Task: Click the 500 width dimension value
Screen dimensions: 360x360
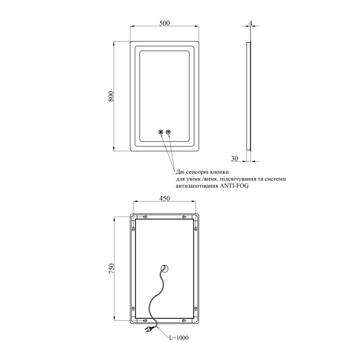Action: click(165, 23)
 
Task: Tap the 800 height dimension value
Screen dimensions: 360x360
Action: click(111, 97)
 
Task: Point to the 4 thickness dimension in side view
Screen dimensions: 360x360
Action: click(250, 23)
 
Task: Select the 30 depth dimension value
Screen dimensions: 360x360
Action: click(235, 158)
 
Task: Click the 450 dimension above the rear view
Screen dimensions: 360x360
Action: click(165, 198)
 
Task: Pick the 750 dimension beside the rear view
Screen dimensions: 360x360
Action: click(111, 268)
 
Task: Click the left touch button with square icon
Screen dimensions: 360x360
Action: click(160, 132)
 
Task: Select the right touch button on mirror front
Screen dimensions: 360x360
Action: click(169, 132)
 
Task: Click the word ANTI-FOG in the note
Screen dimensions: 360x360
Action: click(234, 186)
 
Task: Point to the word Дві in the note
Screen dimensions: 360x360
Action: click(180, 172)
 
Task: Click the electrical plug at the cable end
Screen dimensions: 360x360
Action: click(148, 330)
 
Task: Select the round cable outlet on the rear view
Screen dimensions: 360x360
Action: click(165, 268)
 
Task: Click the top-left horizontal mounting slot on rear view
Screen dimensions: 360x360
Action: click(145, 217)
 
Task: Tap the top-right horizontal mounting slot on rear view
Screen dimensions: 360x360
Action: click(184, 217)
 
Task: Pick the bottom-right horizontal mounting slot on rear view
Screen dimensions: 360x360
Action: click(184, 320)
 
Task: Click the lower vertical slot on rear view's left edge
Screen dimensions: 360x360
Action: click(133, 308)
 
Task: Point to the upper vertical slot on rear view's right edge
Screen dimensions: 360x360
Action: click(195, 228)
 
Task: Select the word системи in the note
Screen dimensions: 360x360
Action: click(275, 179)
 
